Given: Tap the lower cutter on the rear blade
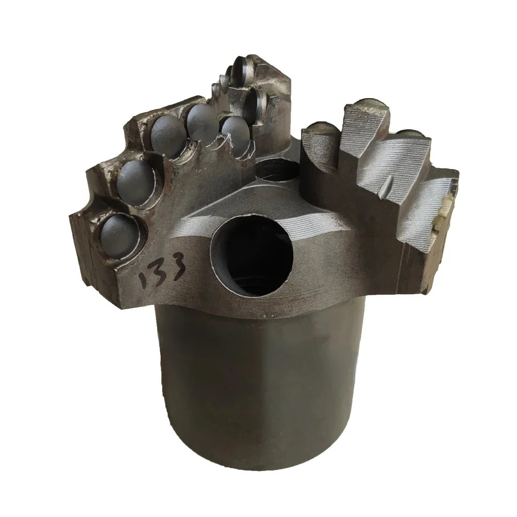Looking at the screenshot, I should tap(256, 101).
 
